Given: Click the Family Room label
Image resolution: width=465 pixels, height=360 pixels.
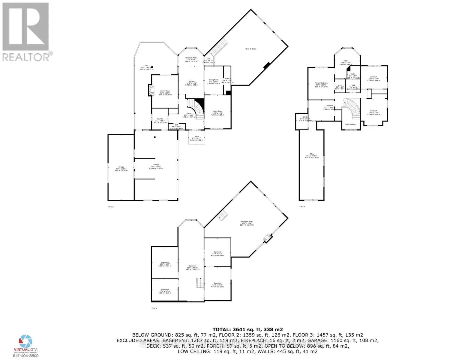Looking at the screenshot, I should pyautogui.click(x=165, y=91).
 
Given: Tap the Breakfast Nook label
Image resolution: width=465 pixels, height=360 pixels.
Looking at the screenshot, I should pyautogui.click(x=191, y=58).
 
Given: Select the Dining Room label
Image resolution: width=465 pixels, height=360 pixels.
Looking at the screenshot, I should pyautogui.click(x=214, y=80).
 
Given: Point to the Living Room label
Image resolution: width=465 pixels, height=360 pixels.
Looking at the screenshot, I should pyautogui.click(x=217, y=111).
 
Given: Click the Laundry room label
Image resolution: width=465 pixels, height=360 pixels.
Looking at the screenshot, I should pyautogui.click(x=160, y=119).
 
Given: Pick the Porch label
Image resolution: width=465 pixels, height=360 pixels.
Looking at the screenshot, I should pyautogui.click(x=197, y=136).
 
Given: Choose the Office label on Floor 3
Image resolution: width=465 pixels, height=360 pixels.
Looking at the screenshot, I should pyautogui.click(x=312, y=154).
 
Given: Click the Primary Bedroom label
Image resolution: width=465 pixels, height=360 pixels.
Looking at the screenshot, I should pyautogui.click(x=321, y=83).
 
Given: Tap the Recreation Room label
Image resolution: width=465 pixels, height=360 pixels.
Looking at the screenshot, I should pyautogui.click(x=247, y=222).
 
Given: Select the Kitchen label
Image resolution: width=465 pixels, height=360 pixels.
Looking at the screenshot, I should pyautogui.click(x=192, y=81).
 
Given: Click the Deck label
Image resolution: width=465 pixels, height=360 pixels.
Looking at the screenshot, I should pyautogui.click(x=146, y=65).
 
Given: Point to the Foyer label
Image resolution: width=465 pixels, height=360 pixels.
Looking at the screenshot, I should pyautogui.click(x=189, y=113).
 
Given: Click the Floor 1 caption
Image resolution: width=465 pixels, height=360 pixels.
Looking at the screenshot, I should pyautogui.click(x=154, y=308).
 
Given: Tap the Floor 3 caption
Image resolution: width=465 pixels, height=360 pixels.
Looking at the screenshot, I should pyautogui.click(x=302, y=207).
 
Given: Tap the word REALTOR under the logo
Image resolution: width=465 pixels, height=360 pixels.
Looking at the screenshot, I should pyautogui.click(x=26, y=57).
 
